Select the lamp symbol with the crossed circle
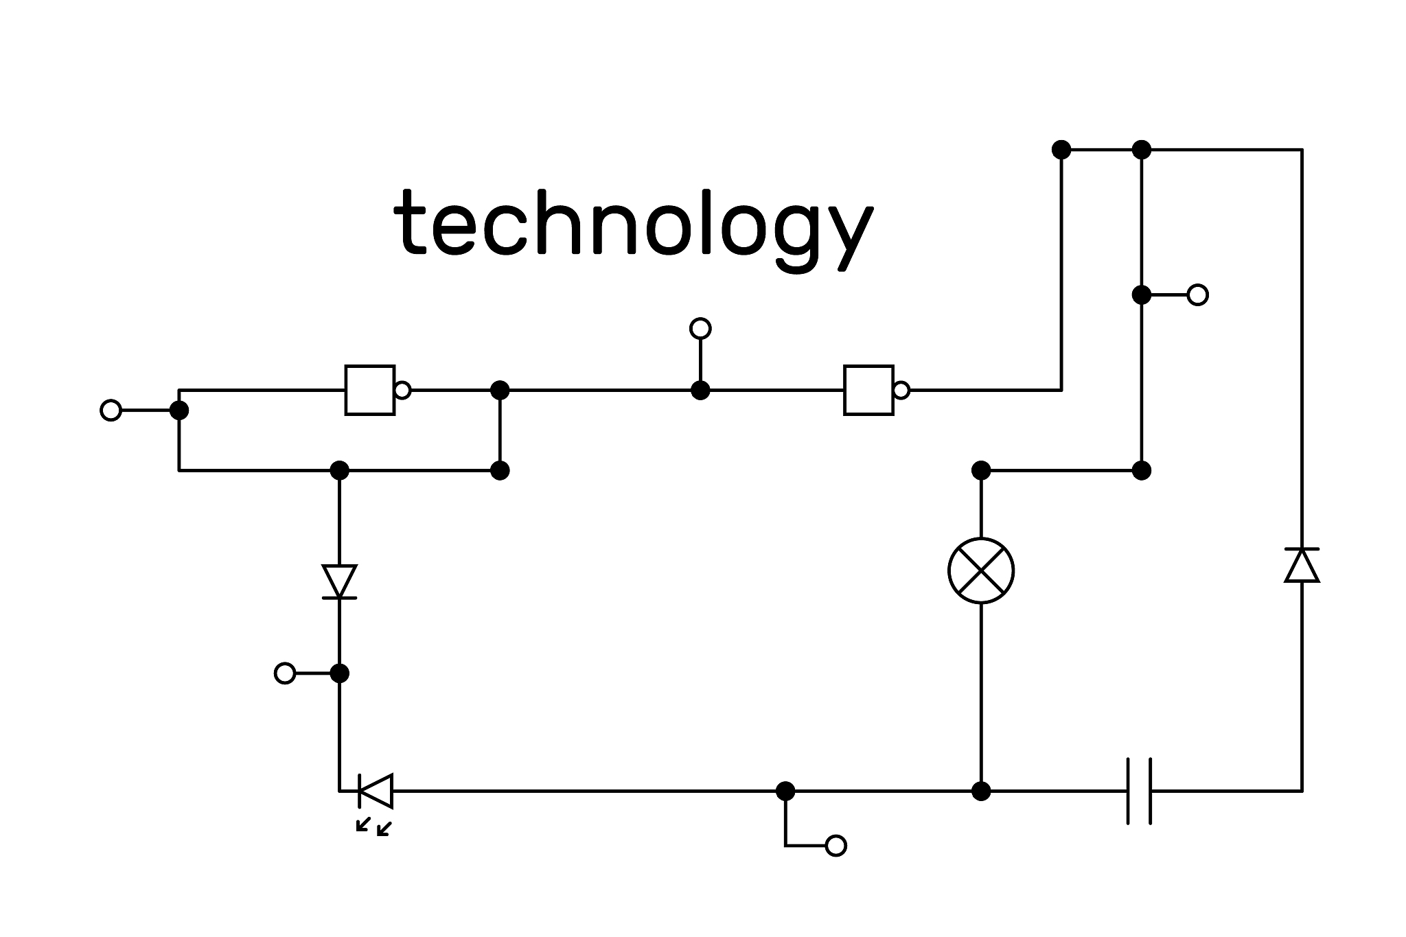981,570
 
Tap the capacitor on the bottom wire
1139,791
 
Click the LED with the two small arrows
376,791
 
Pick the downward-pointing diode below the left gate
339,581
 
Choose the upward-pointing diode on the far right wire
1302,565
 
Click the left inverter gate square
370,390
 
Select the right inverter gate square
868,390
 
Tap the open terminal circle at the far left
111,410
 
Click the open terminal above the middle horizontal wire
700,329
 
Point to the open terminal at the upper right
1198,295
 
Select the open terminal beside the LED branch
285,673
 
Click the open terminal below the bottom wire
835,846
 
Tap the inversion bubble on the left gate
403,391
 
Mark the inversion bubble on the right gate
901,391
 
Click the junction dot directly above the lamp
981,470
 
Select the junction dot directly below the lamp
981,791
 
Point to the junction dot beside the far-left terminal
179,410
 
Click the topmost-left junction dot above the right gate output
1061,149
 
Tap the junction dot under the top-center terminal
700,391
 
